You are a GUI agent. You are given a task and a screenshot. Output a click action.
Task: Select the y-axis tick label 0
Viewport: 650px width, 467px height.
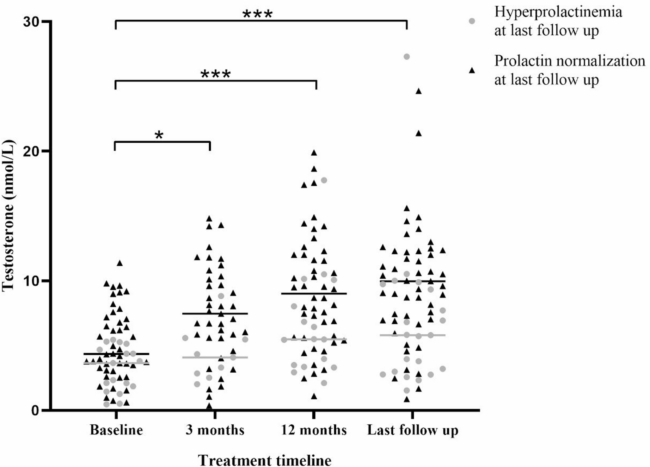pos(35,410)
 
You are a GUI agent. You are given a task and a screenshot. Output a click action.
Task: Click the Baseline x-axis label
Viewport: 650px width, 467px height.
pos(116,430)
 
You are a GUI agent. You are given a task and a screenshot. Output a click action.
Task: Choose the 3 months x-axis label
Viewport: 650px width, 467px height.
pos(215,430)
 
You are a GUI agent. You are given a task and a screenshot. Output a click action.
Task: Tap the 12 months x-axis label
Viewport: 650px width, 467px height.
pos(314,430)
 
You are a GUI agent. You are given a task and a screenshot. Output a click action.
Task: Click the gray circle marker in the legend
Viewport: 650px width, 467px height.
pos(472,21)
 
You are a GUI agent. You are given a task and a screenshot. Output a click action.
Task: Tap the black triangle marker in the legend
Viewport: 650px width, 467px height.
pos(472,70)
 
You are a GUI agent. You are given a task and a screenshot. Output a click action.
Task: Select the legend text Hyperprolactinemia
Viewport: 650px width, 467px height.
pos(558,12)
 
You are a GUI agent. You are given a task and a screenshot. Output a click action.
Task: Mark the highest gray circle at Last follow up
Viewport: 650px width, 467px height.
pos(407,57)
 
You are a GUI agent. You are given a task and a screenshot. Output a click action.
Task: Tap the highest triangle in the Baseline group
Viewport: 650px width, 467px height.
pos(120,263)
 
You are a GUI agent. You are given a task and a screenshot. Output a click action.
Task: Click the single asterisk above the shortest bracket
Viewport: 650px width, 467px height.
pos(159,135)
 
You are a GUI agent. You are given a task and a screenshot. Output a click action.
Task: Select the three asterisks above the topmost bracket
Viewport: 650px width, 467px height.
pos(257,14)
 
